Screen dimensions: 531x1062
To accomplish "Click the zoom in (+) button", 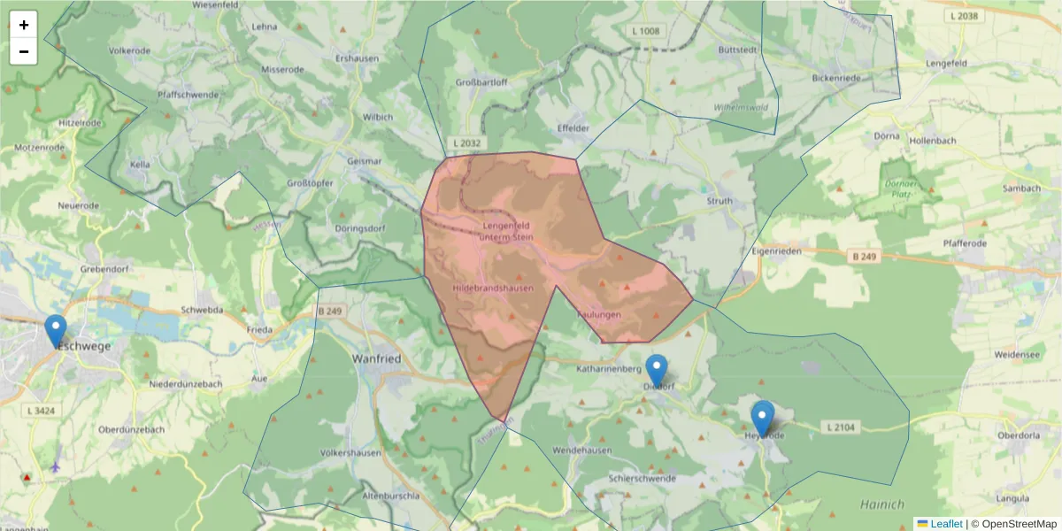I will (x=24, y=25).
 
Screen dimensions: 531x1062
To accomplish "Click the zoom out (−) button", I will (x=24, y=51).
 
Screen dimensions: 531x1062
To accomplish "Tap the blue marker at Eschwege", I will (x=56, y=331).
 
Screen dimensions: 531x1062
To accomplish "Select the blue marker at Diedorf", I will (x=656, y=370).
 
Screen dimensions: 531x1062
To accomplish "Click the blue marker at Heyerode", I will (x=762, y=418).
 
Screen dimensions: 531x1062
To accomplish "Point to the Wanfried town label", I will (x=378, y=358).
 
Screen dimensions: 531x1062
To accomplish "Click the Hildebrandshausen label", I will (x=493, y=289).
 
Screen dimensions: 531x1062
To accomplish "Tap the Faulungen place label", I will (x=599, y=314).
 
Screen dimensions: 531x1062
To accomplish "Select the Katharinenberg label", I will (x=608, y=366).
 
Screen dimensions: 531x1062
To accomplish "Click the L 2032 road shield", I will (x=466, y=142).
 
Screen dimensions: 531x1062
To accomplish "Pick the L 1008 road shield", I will (x=647, y=32).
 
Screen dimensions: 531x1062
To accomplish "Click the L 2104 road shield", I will (x=842, y=427).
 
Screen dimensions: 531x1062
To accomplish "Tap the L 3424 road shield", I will (x=42, y=411).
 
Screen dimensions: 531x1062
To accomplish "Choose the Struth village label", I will (x=720, y=201).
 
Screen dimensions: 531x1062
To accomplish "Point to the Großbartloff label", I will (x=481, y=82).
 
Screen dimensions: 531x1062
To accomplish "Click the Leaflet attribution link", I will (x=945, y=524).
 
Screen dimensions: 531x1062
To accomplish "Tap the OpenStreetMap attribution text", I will (x=1019, y=524).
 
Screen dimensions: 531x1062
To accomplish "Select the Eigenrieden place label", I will (x=775, y=250).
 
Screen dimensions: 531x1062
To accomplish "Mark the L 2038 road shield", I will (x=964, y=16).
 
